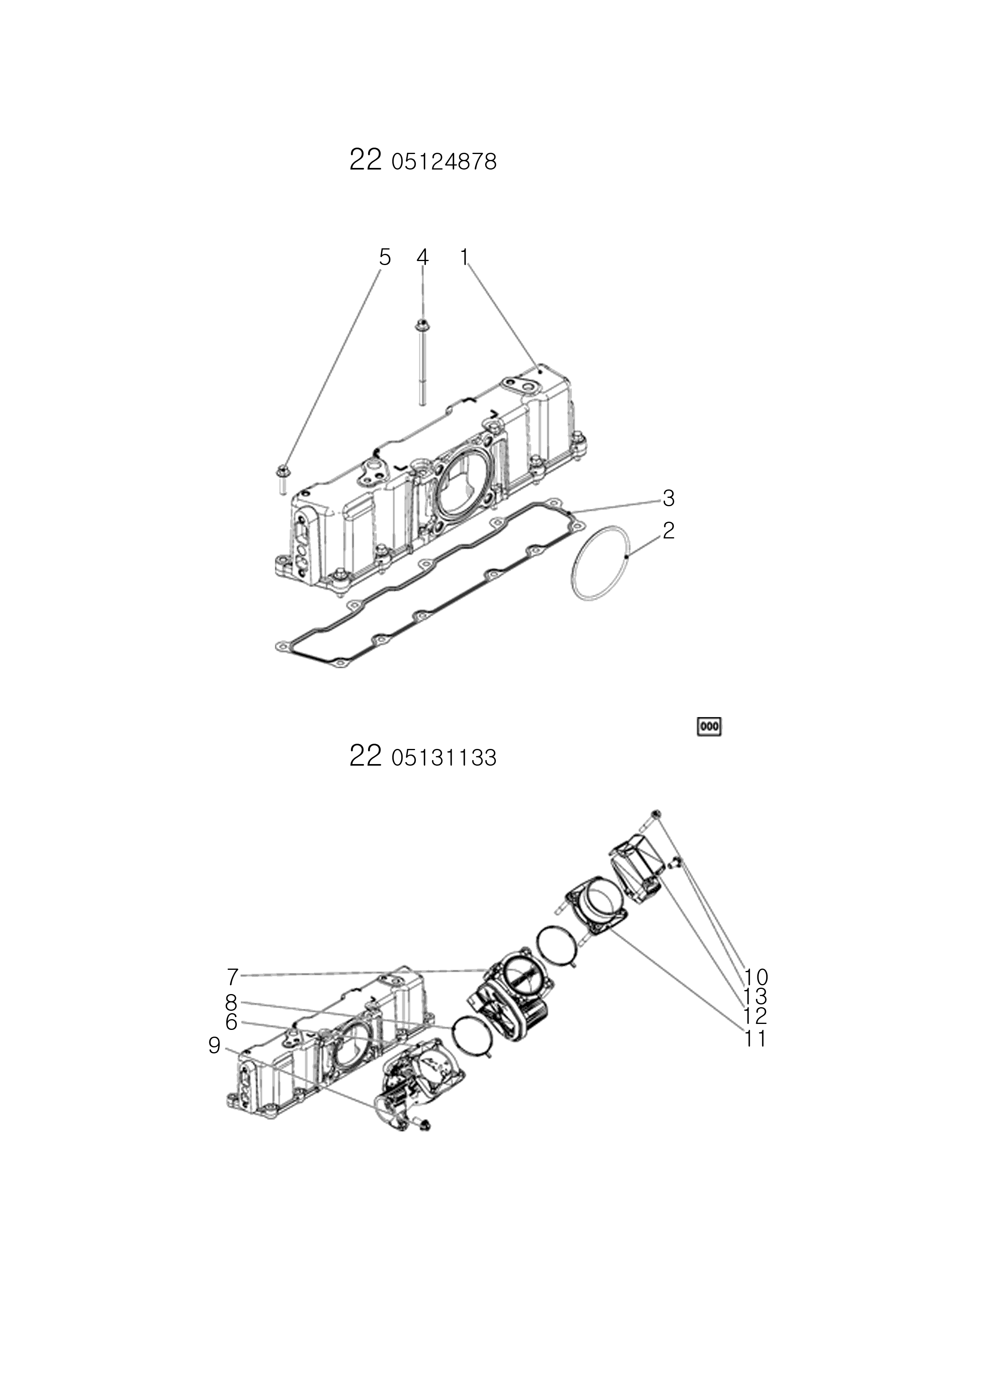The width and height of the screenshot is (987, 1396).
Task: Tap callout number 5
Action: (x=384, y=257)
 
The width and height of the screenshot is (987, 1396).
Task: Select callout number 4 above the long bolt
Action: (x=423, y=257)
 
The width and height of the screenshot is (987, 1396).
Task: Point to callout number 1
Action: (x=464, y=257)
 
